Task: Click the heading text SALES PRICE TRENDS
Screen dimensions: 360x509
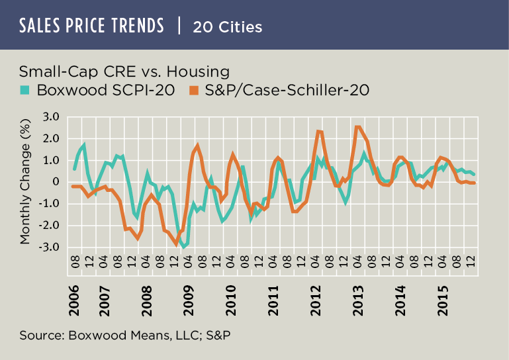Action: point(92,26)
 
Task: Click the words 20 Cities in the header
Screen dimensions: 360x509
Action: point(228,27)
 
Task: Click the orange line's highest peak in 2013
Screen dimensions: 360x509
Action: point(358,127)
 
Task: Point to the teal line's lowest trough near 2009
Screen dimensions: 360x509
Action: point(183,247)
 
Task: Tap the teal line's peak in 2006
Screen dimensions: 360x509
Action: point(84,144)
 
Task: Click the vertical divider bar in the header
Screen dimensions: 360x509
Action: point(179,26)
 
